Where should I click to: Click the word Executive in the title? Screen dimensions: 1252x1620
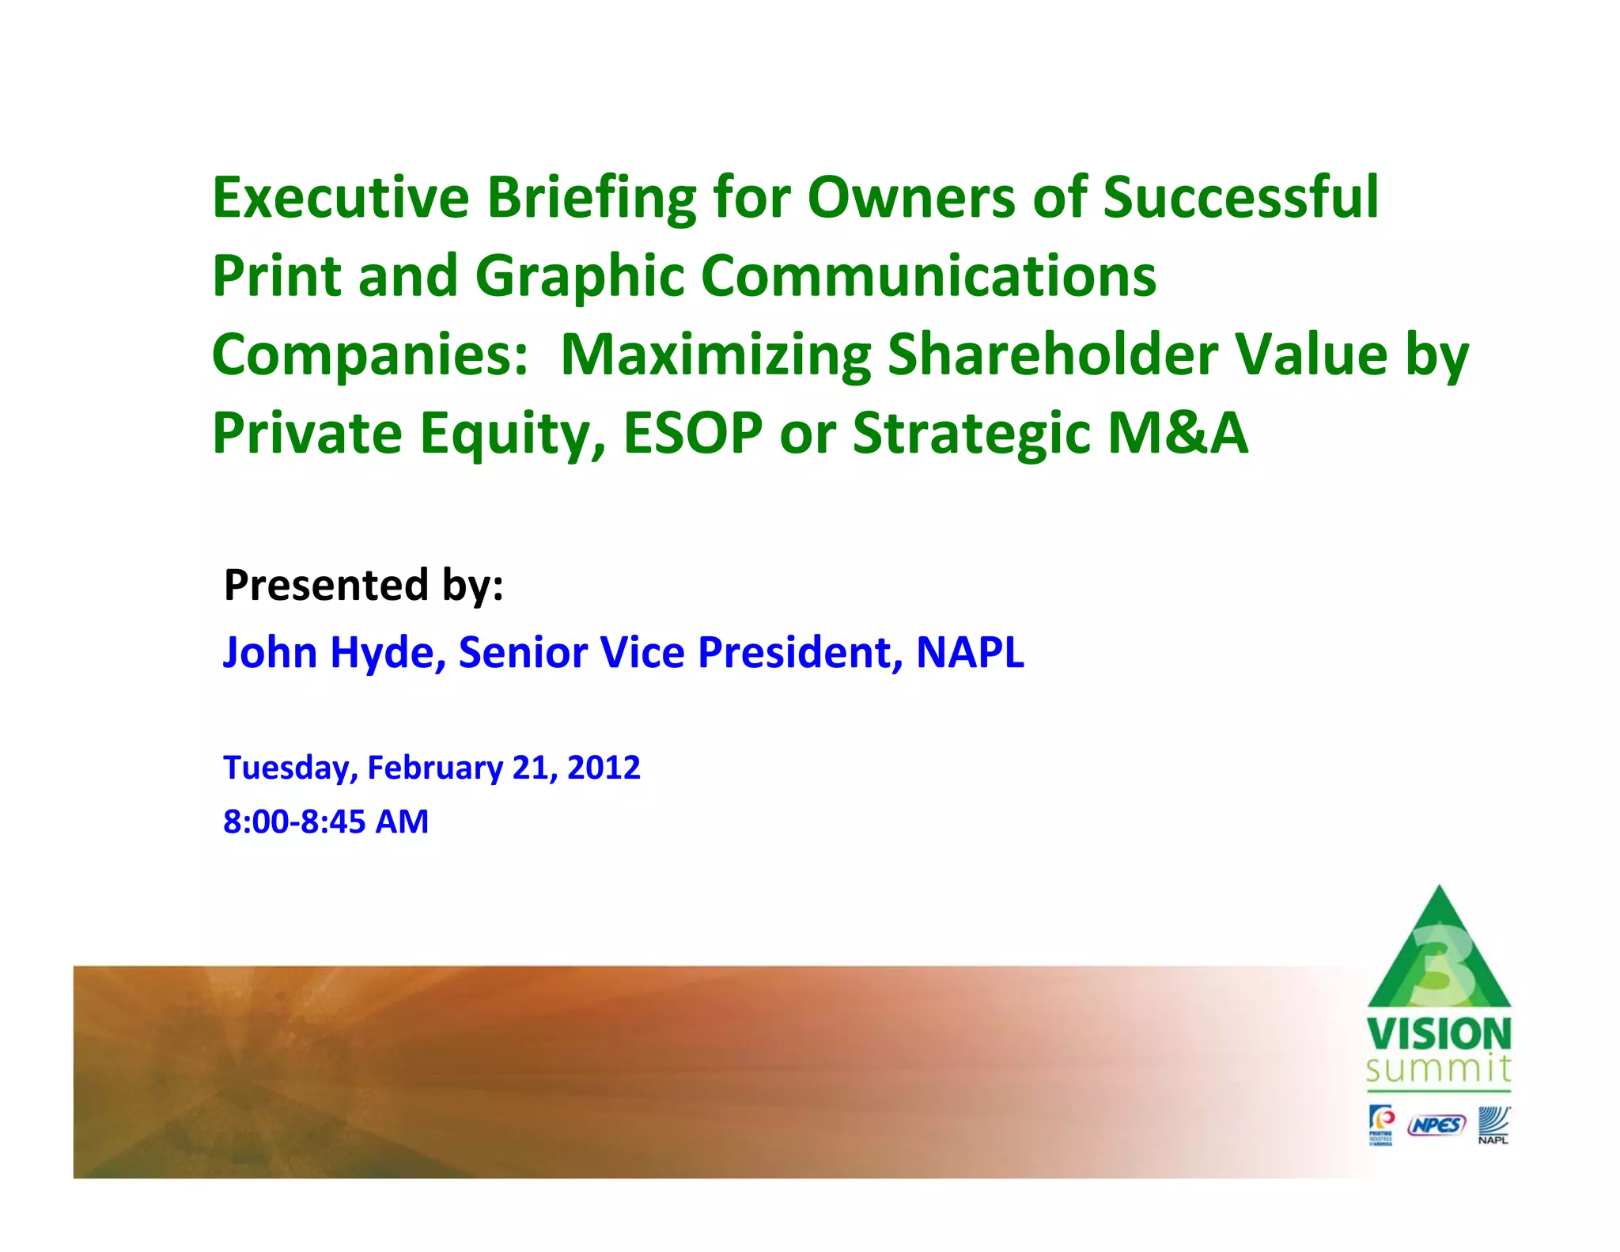[341, 198]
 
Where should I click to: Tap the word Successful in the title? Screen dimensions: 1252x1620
[1240, 198]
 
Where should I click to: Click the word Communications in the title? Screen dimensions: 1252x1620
[928, 276]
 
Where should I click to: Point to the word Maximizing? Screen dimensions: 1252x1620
[715, 356]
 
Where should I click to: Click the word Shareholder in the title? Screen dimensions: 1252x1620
[1052, 355]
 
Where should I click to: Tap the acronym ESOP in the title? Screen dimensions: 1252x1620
[692, 434]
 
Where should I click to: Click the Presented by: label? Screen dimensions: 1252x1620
[363, 586]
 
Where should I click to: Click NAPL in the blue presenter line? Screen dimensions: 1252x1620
[970, 653]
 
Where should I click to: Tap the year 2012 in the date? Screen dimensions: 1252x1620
[604, 768]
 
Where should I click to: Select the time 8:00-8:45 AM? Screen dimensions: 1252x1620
[326, 821]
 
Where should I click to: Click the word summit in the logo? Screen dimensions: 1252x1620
[1438, 1069]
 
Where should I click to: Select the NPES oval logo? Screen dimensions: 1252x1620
[1436, 1125]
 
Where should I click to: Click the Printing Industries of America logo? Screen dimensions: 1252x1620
[1381, 1125]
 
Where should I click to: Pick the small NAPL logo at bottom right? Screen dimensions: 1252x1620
[1493, 1125]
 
